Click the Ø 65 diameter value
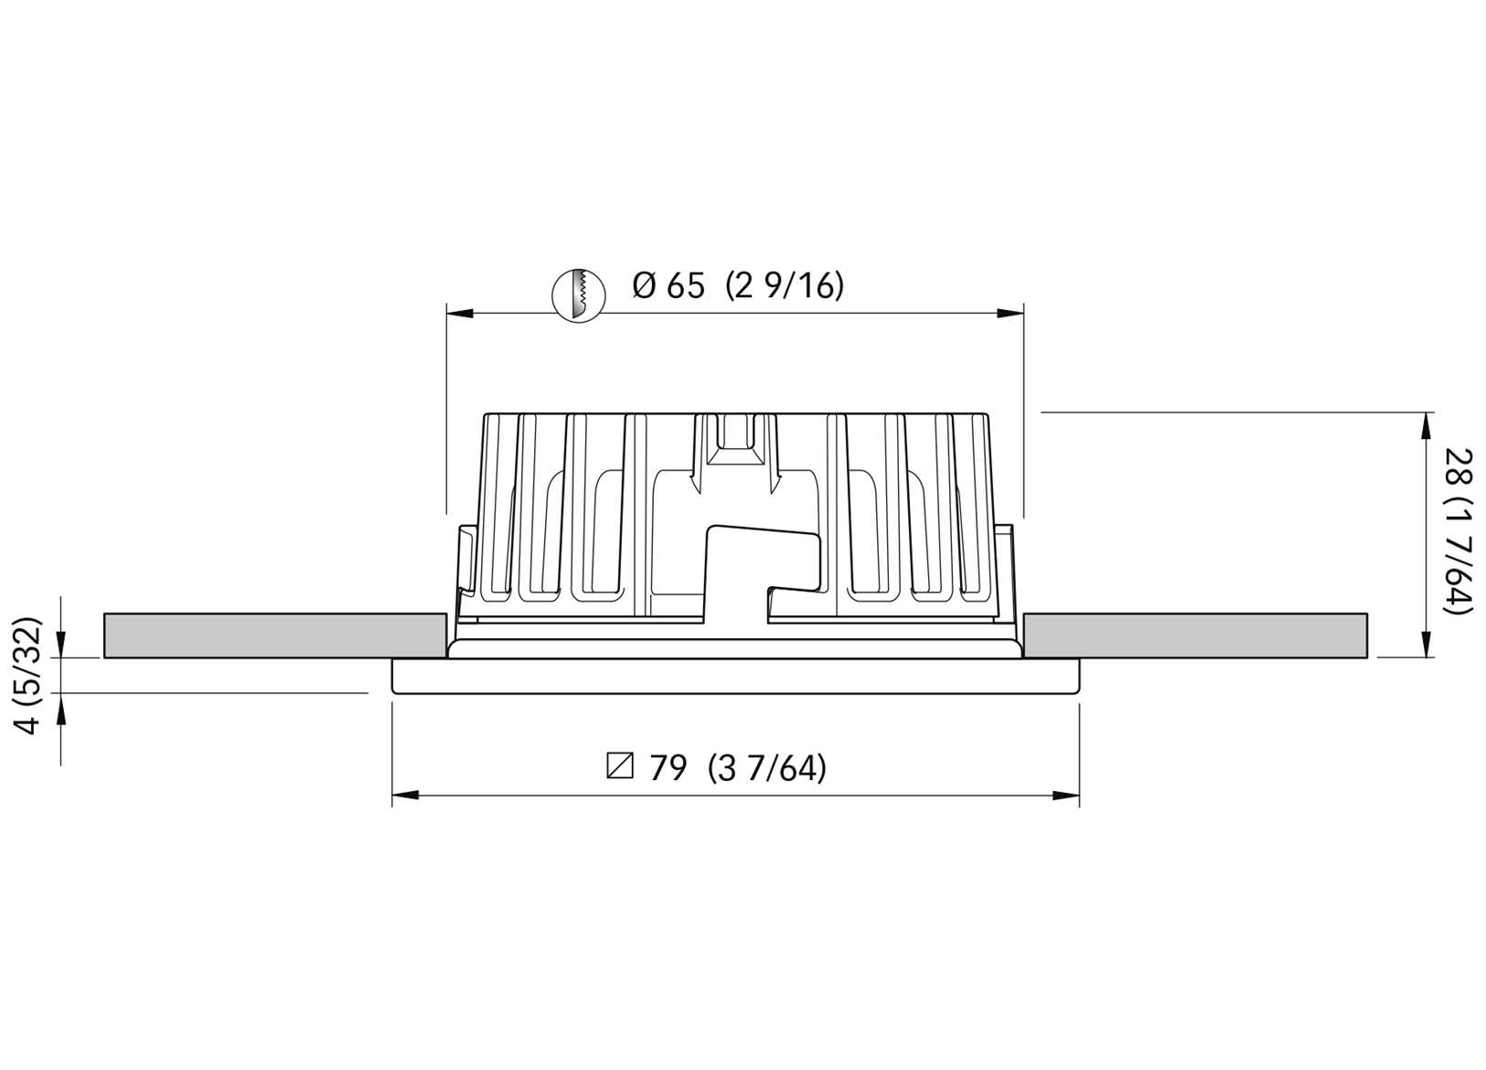668,286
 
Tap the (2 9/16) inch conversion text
785,286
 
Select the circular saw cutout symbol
579,294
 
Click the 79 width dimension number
668,768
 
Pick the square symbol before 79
620,765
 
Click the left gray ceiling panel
274,636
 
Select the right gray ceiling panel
1195,636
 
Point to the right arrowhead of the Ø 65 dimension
1010,314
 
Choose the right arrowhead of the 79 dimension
1066,796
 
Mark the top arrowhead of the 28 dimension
1426,426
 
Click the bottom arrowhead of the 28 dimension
1426,644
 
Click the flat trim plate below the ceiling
735,676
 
